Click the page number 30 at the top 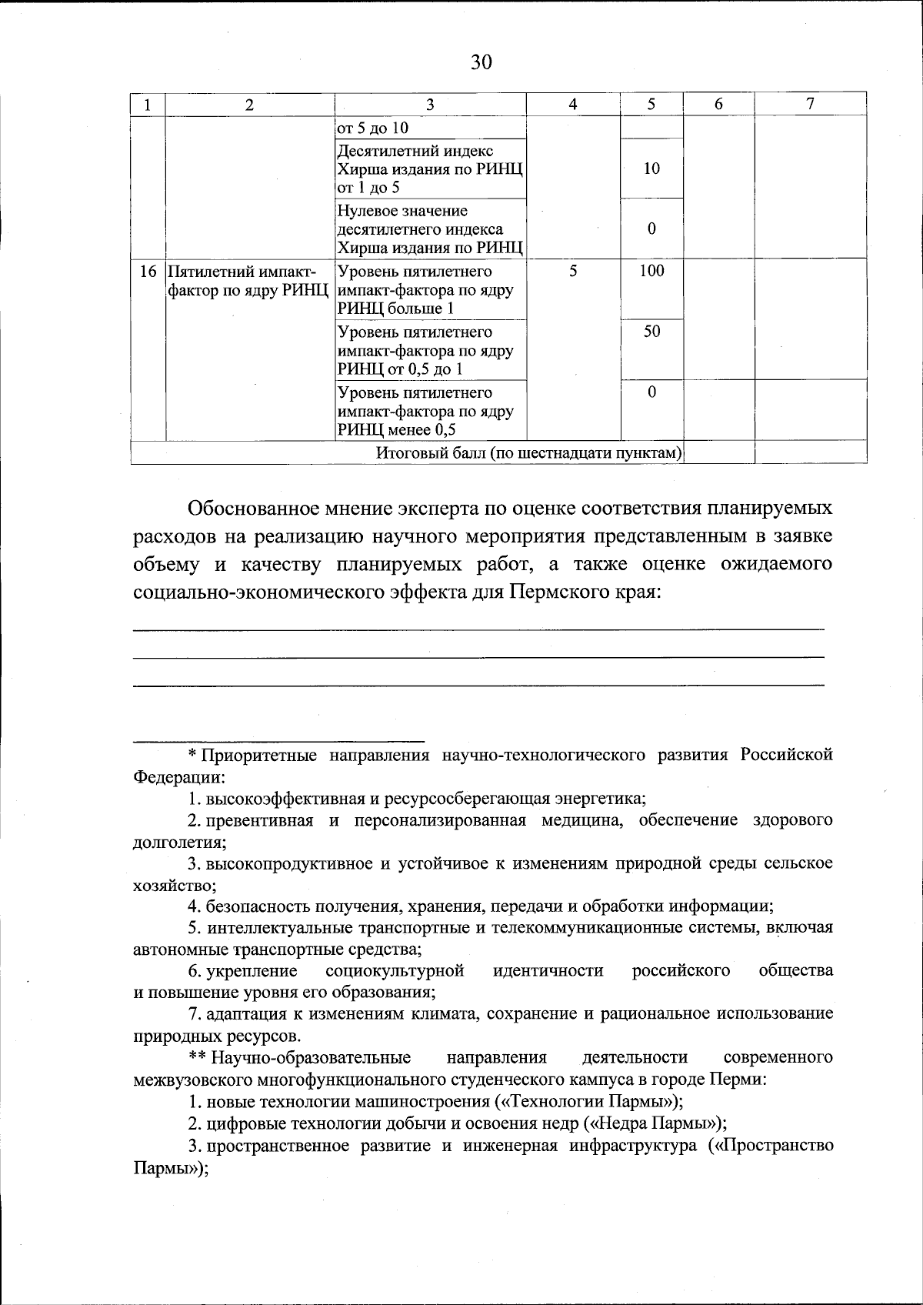[x=481, y=62]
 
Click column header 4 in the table [x=572, y=105]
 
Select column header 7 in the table [x=810, y=105]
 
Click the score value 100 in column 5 [x=651, y=271]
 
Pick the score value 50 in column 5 [x=651, y=332]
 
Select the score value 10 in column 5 [x=651, y=169]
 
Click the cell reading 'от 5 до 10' [x=373, y=128]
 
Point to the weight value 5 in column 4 [x=573, y=271]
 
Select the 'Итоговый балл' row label [x=529, y=453]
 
